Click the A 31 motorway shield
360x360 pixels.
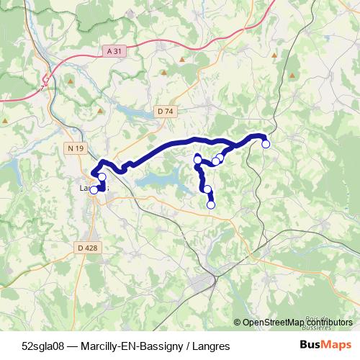(x=112, y=51)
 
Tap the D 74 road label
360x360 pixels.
(x=165, y=111)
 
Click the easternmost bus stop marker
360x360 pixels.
(x=266, y=144)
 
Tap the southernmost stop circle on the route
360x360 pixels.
(x=211, y=204)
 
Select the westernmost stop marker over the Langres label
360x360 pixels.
(x=93, y=190)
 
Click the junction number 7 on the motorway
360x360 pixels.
(x=42, y=87)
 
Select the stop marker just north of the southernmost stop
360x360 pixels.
(x=207, y=189)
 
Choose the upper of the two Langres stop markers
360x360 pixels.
(x=102, y=177)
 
